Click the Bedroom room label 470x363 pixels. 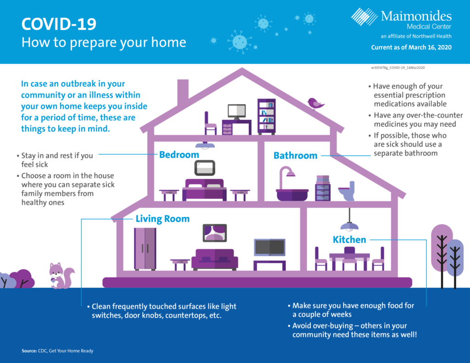click(x=179, y=155)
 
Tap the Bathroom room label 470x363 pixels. click(x=295, y=156)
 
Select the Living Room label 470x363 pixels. click(x=162, y=219)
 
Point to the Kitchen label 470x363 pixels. click(x=349, y=240)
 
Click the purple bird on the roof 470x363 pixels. click(x=315, y=103)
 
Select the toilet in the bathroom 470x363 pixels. click(x=347, y=191)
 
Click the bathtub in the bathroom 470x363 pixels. click(x=292, y=195)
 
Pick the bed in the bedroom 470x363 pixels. click(x=204, y=190)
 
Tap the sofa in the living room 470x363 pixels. click(x=215, y=259)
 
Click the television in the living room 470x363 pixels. click(x=269, y=247)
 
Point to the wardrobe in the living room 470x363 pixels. click(x=145, y=249)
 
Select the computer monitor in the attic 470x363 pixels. click(x=237, y=112)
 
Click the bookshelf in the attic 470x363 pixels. click(x=266, y=117)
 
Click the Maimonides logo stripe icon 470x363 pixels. click(x=364, y=17)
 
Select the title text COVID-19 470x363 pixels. click(x=59, y=24)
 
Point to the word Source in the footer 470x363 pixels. click(x=29, y=351)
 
